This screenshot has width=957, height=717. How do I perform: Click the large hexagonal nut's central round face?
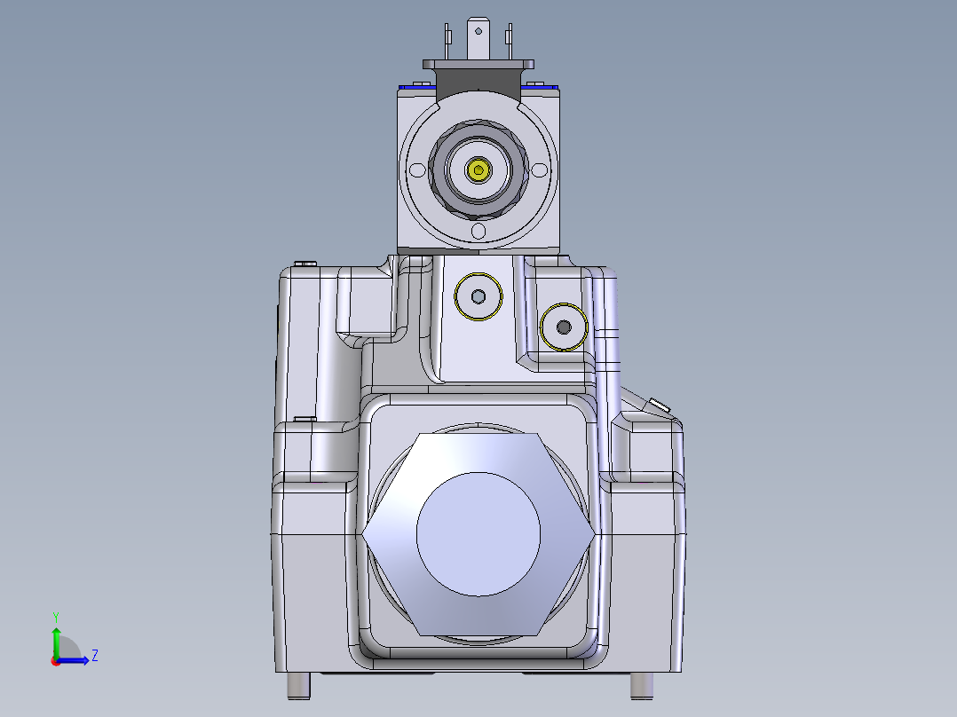coord(478,532)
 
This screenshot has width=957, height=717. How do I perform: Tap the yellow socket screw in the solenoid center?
coord(479,169)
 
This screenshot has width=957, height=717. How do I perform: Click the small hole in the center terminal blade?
coord(478,31)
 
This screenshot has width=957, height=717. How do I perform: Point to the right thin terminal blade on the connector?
coord(509,39)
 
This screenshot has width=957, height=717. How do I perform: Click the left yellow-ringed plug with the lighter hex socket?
coord(478,295)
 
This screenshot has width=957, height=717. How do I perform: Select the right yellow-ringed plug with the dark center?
coord(563,327)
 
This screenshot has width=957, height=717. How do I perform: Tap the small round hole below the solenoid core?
coord(479,232)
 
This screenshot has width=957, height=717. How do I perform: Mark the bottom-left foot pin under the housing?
coord(299,685)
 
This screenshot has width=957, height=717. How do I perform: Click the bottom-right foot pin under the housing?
coord(641,685)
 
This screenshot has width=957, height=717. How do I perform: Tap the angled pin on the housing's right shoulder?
coord(658,406)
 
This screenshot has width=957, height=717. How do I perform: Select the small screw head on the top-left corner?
coord(306,264)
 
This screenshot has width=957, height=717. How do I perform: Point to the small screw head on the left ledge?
coord(304,418)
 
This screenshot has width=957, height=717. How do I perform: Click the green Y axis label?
coord(55,616)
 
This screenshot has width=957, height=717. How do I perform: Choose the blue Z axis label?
coord(94,656)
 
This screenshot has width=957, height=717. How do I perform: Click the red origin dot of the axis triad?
coord(55,660)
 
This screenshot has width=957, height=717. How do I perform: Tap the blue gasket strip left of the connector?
coord(416,86)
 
